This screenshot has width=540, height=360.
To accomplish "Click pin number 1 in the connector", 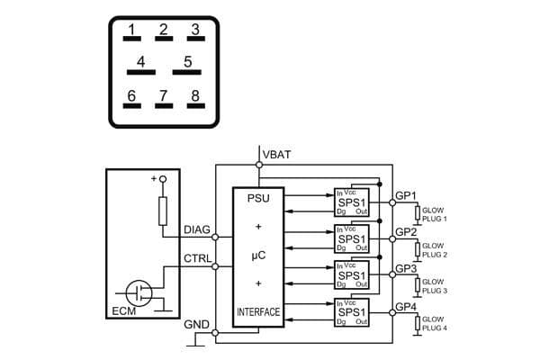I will pyautogui.click(x=131, y=31).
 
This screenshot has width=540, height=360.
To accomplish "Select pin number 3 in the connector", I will pyautogui.click(x=193, y=31).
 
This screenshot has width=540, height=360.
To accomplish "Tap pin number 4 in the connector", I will pyautogui.click(x=139, y=64).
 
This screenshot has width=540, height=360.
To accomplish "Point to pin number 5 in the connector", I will pyautogui.click(x=187, y=64).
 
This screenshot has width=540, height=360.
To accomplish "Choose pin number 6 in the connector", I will pyautogui.click(x=131, y=97).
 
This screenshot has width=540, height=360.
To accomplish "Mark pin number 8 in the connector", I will pyautogui.click(x=193, y=97).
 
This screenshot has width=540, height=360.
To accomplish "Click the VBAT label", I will pyautogui.click(x=278, y=155).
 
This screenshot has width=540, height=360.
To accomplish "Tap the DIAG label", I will pyautogui.click(x=197, y=230).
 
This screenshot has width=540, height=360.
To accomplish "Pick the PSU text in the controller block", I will pyautogui.click(x=258, y=197).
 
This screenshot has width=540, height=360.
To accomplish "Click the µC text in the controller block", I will pyautogui.click(x=258, y=256).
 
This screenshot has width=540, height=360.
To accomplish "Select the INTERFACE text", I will pyautogui.click(x=258, y=312).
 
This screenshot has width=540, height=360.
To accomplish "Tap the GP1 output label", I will pyautogui.click(x=406, y=195).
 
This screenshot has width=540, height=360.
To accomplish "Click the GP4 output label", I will pyautogui.click(x=406, y=307).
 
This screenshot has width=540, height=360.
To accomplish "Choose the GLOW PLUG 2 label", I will pyautogui.click(x=434, y=250).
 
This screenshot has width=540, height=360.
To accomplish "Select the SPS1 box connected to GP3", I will pyautogui.click(x=351, y=275).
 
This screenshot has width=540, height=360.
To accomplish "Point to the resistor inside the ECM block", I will pyautogui.click(x=163, y=212).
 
